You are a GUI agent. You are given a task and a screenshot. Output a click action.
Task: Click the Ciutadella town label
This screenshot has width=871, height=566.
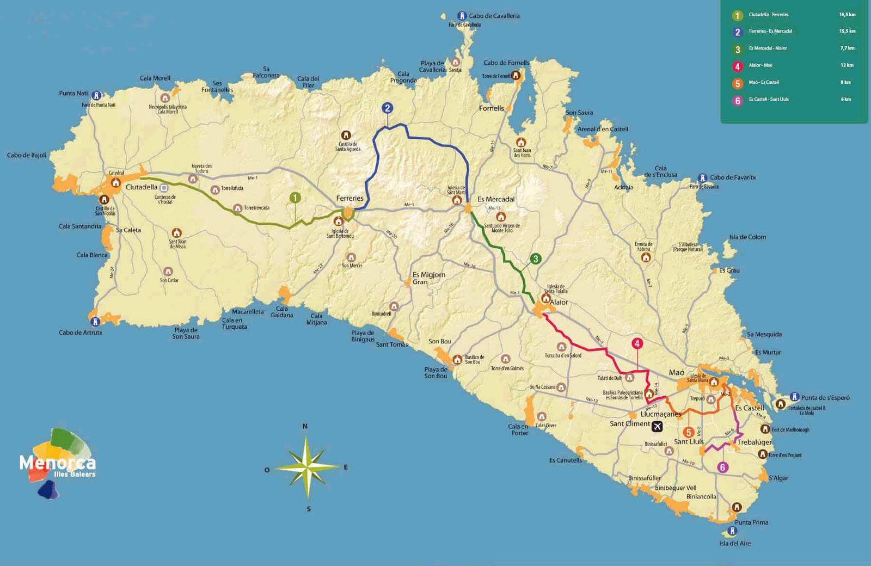pos(141,187)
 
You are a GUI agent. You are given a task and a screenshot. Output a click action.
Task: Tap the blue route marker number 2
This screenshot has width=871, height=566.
pos(387,108)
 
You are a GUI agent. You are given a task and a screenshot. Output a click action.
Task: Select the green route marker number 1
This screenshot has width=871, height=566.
pos(295,198)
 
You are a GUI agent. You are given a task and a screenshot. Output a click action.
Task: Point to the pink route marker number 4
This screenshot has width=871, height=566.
pos(637,343)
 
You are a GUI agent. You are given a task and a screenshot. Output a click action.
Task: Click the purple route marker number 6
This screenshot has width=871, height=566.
pos(722,467)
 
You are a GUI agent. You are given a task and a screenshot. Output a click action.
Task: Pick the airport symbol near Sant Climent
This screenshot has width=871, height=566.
pos(657,426)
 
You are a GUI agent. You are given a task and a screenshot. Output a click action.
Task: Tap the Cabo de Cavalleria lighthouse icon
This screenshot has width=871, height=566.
pos(462,16)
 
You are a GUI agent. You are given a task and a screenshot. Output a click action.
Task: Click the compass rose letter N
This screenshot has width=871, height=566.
pos(305,426)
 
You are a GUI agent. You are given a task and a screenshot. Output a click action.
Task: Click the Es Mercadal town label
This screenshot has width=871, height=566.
pos(495,199)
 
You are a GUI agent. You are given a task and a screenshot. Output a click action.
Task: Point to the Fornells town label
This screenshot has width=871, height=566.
pos(491,108)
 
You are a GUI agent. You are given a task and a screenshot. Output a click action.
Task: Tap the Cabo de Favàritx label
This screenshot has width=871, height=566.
pos(733,177)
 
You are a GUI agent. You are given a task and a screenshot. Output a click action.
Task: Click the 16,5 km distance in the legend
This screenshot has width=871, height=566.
pos(847,15)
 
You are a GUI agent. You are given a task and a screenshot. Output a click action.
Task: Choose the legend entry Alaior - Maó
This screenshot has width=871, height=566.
pos(760,65)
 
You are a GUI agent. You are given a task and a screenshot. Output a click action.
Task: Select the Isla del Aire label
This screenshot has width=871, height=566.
pos(734,543)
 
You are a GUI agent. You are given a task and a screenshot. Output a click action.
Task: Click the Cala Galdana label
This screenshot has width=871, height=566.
pos(281,312)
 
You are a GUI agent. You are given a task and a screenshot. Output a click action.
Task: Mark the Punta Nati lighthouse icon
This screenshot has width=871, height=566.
pos(96,96)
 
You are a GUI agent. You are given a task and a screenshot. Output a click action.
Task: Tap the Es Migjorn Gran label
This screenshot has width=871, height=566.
pos(428,278)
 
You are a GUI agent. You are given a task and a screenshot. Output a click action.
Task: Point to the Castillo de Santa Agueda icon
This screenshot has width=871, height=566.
pos(346,135)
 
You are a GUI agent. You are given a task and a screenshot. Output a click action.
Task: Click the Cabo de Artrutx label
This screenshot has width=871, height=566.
pos(80,333)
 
